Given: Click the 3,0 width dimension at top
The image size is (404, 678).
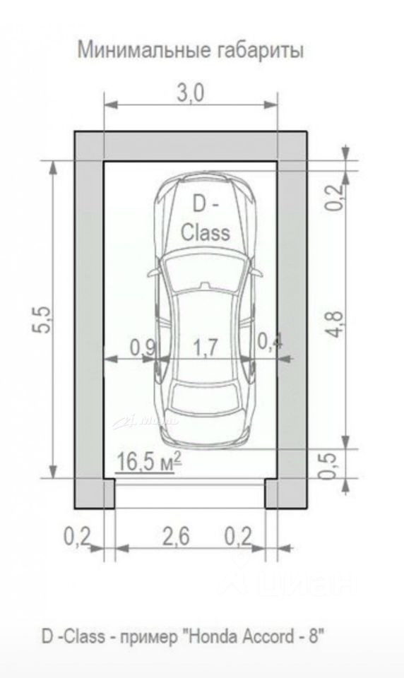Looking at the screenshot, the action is tap(190, 93).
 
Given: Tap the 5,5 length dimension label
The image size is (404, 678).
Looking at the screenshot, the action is tap(43, 320).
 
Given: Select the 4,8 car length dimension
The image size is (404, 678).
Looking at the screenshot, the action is tap(336, 325).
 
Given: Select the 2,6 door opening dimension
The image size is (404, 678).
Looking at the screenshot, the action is tap(176, 537).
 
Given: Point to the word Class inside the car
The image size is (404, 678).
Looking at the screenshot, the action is tap(205, 232).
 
